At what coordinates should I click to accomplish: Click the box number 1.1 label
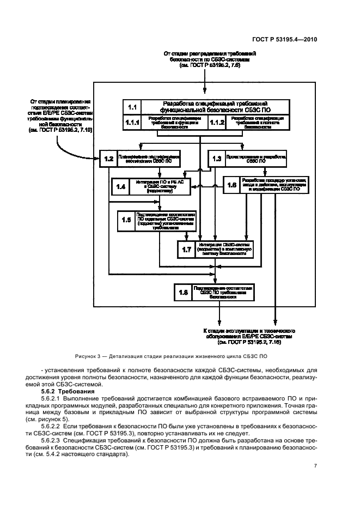point(131,106)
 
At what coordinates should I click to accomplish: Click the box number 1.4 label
point(120,186)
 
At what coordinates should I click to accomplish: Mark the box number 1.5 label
point(126,220)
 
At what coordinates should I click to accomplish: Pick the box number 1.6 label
point(232,185)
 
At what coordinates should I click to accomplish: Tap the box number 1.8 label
point(183,293)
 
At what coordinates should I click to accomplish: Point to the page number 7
point(315,465)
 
